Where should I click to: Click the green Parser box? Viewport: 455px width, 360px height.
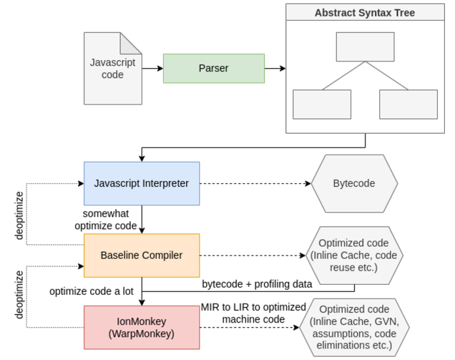pos(213,68)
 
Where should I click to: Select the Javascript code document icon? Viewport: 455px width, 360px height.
pos(113,68)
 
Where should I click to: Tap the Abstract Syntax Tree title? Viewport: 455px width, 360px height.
pos(364,12)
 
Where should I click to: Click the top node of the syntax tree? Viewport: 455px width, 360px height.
pos(365,47)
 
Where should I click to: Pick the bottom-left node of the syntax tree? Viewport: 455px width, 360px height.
pos(322,104)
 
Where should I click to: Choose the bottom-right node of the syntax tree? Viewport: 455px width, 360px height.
pos(408,104)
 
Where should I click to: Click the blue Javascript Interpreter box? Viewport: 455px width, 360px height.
pos(142,184)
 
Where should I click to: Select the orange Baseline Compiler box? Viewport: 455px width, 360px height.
pos(142,255)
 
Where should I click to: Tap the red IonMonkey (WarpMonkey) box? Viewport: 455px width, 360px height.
pos(142,327)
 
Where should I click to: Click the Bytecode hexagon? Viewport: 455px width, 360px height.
pos(354,184)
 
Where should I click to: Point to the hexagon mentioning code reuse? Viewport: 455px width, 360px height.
pos(354,255)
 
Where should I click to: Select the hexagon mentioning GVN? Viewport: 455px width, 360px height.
pos(354,327)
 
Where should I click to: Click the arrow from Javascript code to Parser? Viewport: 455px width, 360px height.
pos(152,68)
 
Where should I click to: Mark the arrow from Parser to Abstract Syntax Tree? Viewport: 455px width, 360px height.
pos(275,68)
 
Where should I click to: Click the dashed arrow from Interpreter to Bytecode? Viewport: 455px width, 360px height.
pos(255,184)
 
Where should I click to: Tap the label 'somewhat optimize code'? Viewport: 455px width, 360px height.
pos(110,220)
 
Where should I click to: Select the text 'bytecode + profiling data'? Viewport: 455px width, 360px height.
pos(257,284)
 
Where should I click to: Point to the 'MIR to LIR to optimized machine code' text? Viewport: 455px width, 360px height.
pos(253,313)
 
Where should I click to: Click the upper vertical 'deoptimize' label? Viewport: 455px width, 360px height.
pos(20,216)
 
